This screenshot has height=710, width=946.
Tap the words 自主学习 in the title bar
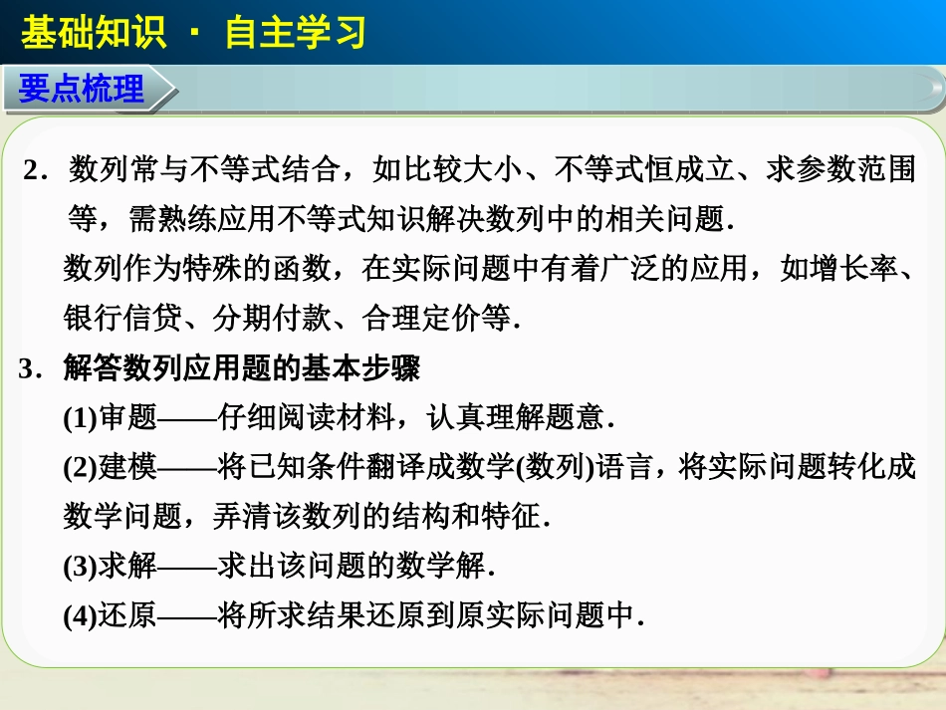click(x=296, y=33)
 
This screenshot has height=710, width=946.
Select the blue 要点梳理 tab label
click(x=82, y=91)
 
